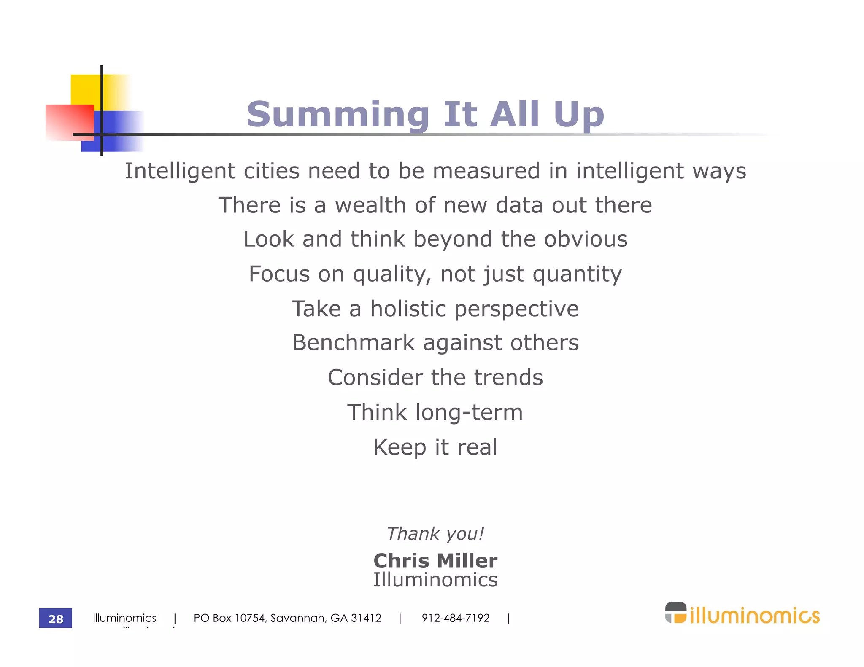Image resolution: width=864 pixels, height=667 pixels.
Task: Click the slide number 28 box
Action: (x=55, y=618)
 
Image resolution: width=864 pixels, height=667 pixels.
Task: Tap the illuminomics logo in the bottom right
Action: (x=742, y=614)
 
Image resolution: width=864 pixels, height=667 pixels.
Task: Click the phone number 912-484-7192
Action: (x=456, y=618)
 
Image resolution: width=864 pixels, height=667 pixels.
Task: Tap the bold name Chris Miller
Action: (x=435, y=561)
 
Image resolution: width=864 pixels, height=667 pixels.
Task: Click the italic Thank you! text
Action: (x=435, y=534)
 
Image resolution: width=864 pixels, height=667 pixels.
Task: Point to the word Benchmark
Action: (x=354, y=342)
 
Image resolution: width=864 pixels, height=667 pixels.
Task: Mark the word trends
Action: (x=508, y=377)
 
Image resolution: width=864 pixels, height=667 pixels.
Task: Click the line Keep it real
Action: (x=435, y=447)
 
